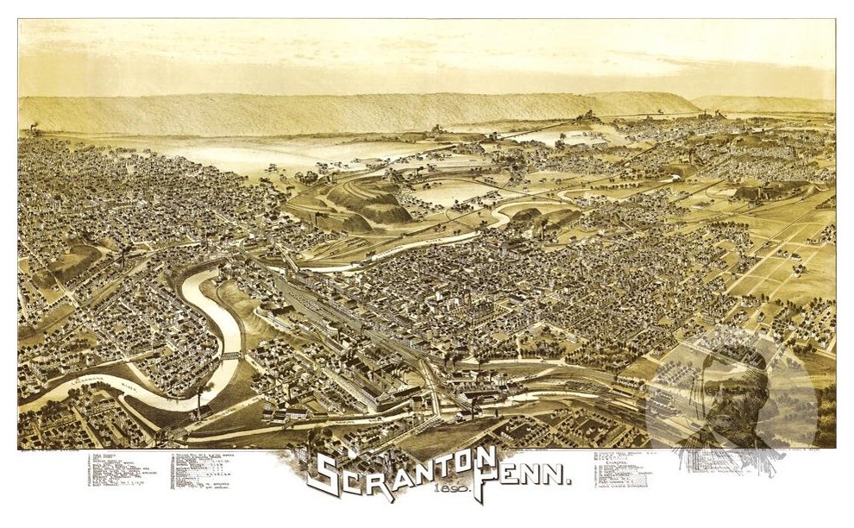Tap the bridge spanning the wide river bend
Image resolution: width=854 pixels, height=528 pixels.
[x=230, y=355]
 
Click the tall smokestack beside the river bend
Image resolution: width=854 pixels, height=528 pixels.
[x=199, y=401]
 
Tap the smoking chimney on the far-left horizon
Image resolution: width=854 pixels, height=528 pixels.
[x=34, y=129]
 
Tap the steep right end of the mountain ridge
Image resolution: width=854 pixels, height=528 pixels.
[x=686, y=103]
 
